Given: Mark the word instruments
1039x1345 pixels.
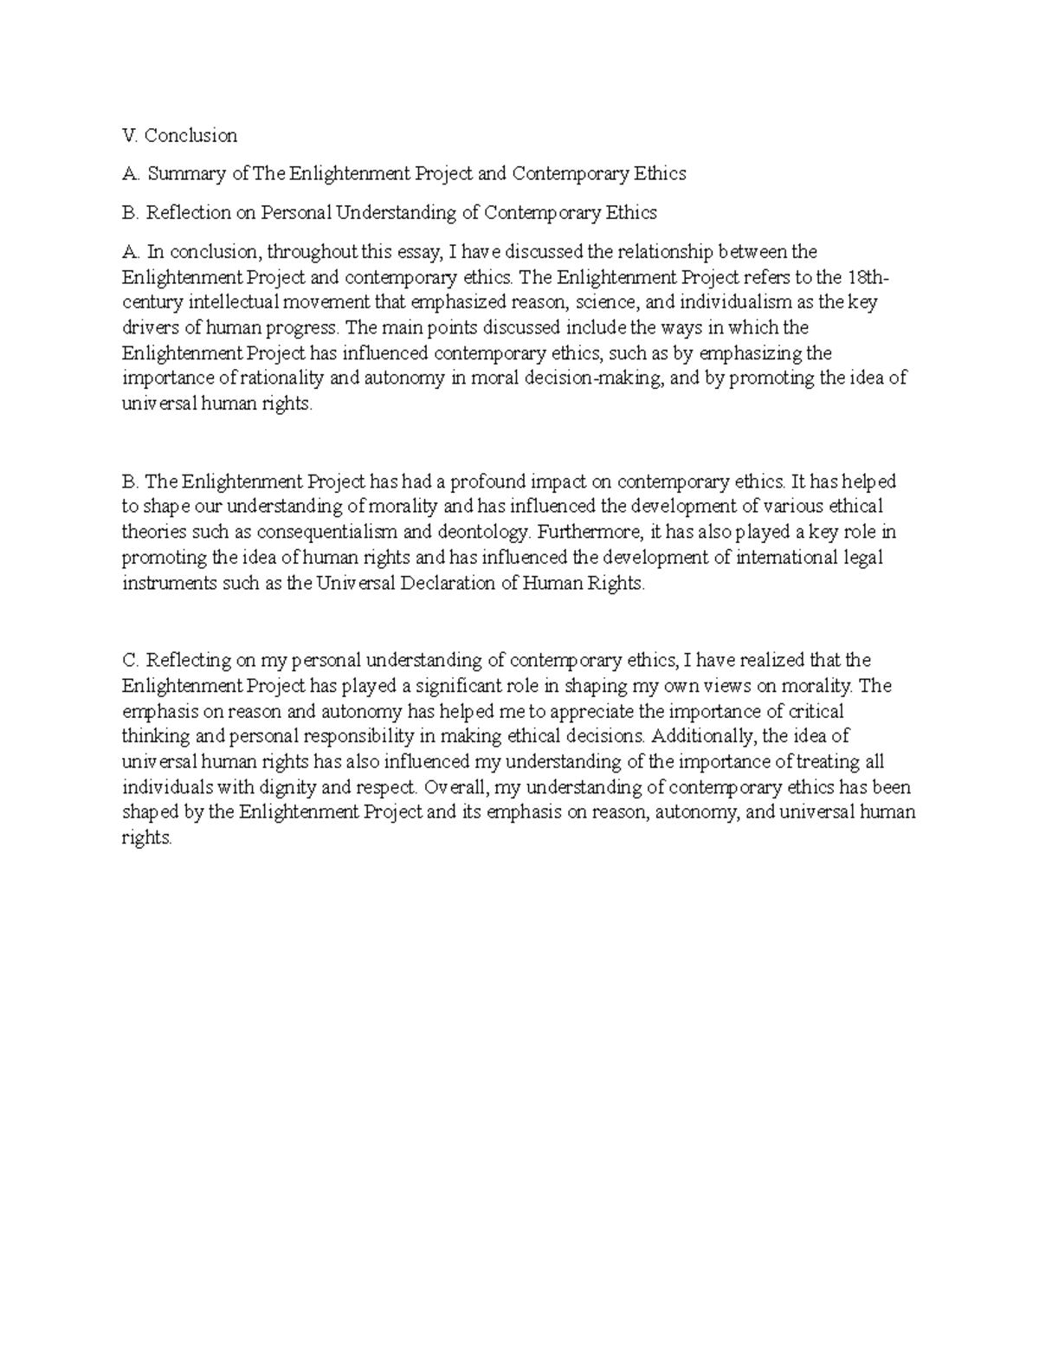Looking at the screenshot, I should pyautogui.click(x=168, y=583).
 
